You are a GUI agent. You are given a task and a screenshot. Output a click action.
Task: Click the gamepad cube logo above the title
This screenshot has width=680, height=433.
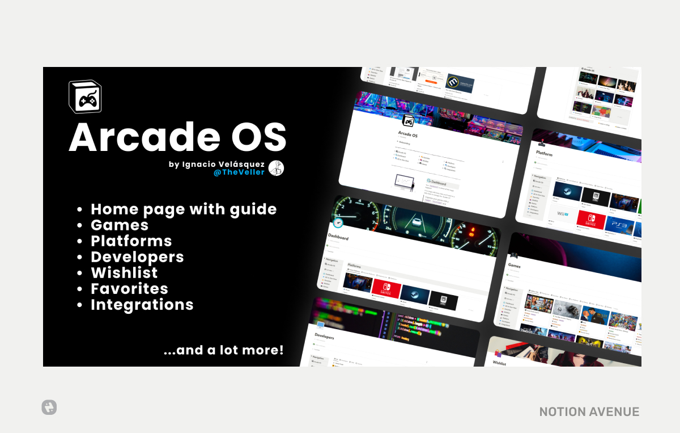point(84,96)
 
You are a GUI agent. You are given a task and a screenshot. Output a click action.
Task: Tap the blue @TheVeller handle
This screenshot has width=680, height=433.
point(239,172)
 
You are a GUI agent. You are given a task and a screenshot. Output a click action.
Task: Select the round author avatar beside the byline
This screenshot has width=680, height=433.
point(276,168)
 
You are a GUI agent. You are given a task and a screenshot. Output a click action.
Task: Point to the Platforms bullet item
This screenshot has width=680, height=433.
point(131,241)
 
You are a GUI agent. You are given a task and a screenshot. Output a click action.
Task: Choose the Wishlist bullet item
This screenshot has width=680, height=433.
point(124,272)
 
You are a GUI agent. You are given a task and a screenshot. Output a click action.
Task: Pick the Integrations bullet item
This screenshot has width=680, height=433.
point(142,304)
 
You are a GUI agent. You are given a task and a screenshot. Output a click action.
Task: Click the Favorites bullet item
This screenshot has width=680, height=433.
point(129,288)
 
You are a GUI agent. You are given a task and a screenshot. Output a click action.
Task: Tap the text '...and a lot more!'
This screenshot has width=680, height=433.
point(223,350)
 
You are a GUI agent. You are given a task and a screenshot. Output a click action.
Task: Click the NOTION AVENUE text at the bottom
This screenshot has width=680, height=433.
point(589,412)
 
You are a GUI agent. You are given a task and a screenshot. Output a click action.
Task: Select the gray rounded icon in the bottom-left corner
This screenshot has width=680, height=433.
point(49,407)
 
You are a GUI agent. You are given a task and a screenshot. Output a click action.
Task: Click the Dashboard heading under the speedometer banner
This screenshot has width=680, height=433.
point(338,238)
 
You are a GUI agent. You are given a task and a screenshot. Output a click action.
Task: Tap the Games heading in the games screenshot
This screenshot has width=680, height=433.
point(514,265)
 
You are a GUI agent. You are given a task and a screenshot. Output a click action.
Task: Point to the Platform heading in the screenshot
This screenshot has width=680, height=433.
point(543,154)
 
